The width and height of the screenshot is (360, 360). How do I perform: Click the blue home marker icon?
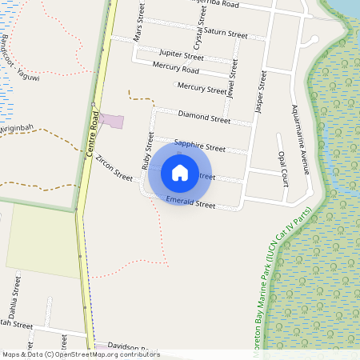[x=180, y=172]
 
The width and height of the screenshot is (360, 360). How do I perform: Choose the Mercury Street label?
[x=202, y=88]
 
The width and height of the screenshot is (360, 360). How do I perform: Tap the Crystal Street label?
[x=199, y=34]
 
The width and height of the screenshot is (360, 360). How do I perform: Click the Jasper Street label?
[x=260, y=90]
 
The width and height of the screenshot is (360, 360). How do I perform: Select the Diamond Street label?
[x=204, y=117]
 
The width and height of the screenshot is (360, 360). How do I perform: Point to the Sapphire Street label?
[x=199, y=146]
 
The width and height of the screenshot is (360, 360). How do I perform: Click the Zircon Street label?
[x=114, y=168]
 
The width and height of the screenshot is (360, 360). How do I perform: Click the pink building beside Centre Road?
[x=112, y=122]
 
